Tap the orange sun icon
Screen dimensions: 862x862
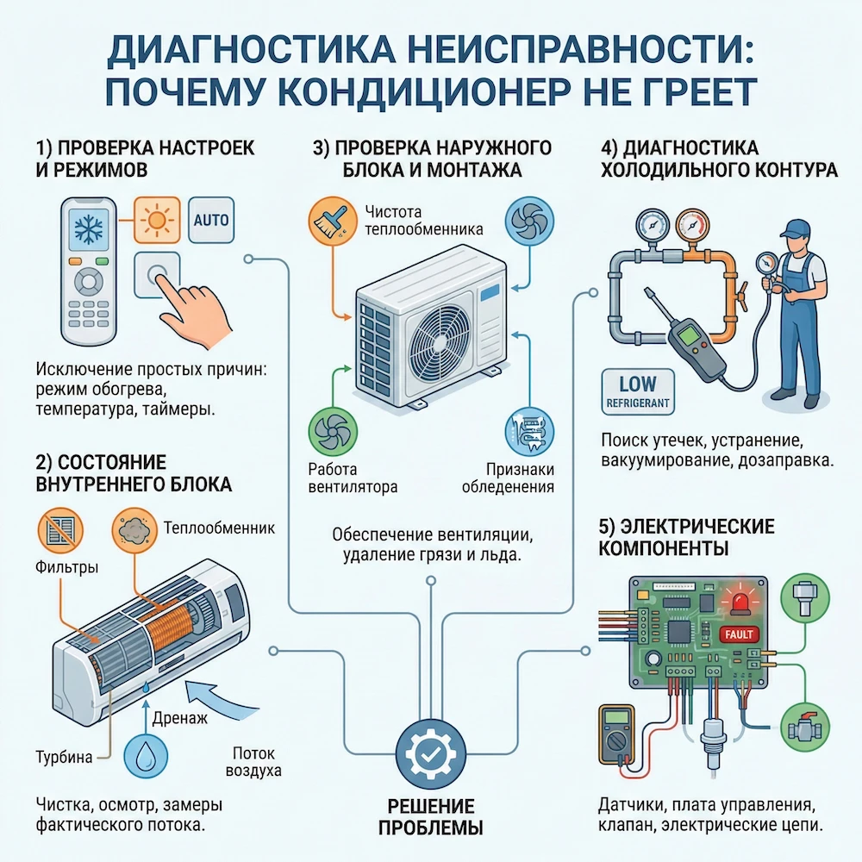click(157, 221)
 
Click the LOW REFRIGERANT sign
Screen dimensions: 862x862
click(637, 390)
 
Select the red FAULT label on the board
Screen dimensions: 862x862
click(737, 634)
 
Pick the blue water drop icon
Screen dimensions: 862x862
click(148, 759)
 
